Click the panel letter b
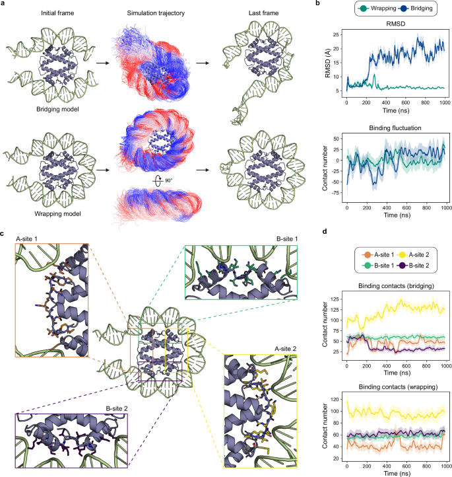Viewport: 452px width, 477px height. (x=321, y=4)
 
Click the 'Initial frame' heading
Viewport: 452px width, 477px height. (x=42, y=14)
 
